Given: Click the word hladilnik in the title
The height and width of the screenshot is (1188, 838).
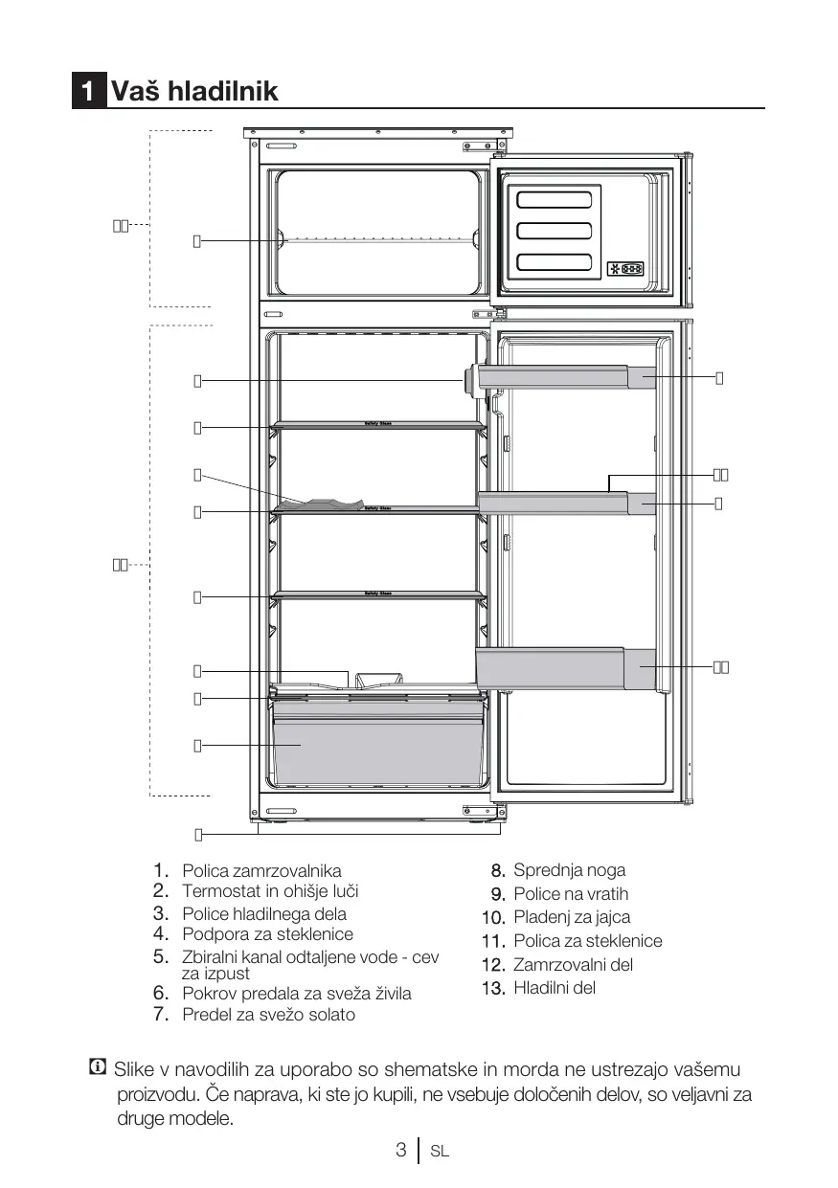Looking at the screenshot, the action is [222, 92].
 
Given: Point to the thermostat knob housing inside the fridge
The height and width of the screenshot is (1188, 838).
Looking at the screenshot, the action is [468, 380].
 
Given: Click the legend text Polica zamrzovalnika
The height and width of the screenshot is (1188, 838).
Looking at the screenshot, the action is [261, 871].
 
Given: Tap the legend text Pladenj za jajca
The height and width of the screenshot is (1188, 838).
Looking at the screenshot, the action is [572, 917].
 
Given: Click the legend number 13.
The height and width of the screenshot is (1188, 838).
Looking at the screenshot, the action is [493, 988].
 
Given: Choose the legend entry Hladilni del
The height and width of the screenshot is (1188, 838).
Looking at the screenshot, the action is [555, 988].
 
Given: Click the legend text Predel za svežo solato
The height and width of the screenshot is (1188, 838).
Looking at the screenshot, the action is [268, 1015].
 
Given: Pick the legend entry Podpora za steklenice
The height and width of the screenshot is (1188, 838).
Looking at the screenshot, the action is [267, 934].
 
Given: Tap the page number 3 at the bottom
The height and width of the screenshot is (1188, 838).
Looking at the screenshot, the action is [401, 1151].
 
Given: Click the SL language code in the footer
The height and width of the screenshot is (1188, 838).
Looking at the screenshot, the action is [440, 1152].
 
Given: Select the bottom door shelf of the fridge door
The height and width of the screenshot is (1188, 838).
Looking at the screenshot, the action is [565, 668].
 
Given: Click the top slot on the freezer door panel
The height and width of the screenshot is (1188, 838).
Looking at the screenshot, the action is [554, 200].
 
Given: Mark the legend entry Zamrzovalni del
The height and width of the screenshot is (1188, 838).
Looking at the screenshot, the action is [573, 965].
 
